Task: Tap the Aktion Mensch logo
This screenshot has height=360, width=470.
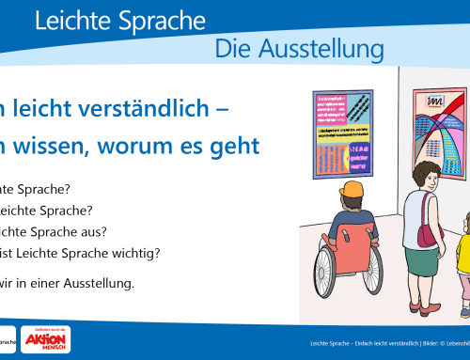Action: coord(47,340)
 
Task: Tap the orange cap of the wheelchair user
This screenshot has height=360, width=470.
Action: coord(352,191)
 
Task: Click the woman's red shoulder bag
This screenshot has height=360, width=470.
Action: coord(428,234)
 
